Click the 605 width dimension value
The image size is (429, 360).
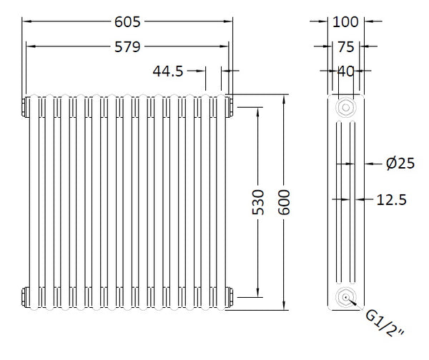click(x=129, y=21)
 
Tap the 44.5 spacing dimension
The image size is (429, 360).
click(x=168, y=71)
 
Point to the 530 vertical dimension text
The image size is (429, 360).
click(x=259, y=201)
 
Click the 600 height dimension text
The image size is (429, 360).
click(x=285, y=201)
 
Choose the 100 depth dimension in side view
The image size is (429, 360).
click(x=346, y=21)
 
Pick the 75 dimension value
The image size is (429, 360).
click(x=346, y=46)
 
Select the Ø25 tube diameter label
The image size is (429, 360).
click(x=400, y=164)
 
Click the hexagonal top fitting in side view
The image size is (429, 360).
click(x=346, y=108)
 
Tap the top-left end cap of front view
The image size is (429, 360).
click(x=26, y=106)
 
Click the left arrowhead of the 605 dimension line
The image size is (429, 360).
click(x=26, y=21)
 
